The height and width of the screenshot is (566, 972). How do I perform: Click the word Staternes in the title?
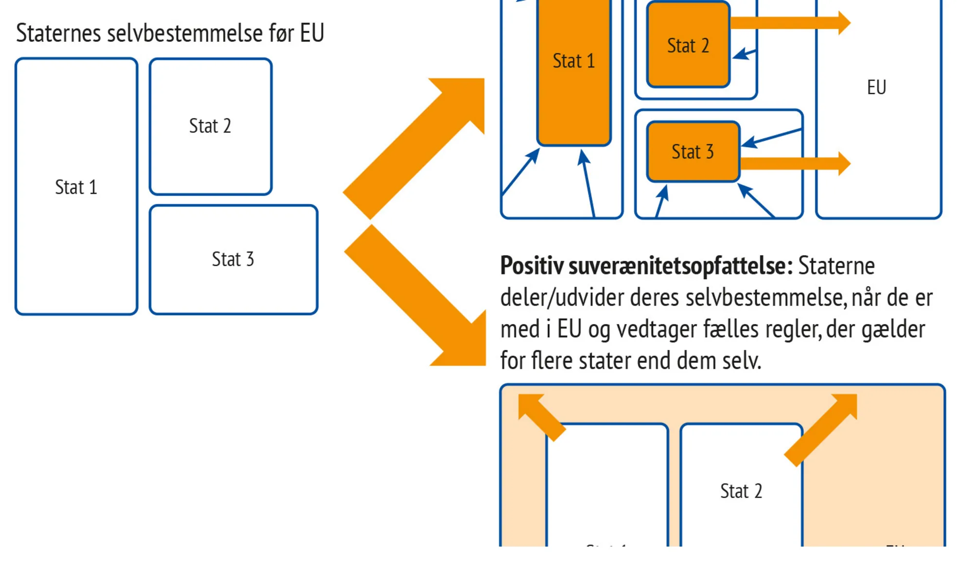[x=59, y=33]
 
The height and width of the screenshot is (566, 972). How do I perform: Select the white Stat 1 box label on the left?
[x=76, y=188]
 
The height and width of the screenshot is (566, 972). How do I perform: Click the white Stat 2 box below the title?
[x=210, y=126]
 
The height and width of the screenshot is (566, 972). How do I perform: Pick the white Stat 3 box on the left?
[x=233, y=259]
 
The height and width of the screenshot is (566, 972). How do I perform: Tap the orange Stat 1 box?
[x=574, y=61]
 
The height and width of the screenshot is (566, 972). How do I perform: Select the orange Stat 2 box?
[x=688, y=46]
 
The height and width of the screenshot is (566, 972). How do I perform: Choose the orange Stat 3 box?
[x=693, y=152]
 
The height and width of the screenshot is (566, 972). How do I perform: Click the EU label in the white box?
[x=877, y=87]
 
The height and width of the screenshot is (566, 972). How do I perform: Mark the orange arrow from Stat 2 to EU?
[x=790, y=23]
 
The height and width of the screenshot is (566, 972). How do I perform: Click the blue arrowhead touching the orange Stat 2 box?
[x=740, y=54]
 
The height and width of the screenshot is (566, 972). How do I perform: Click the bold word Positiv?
[x=532, y=266]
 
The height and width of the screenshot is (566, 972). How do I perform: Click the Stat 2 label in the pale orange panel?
[x=741, y=491]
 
